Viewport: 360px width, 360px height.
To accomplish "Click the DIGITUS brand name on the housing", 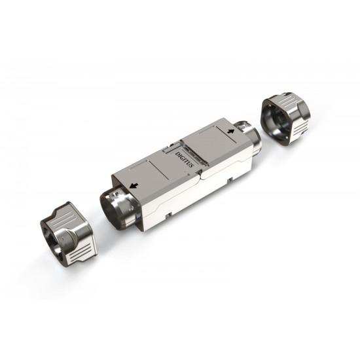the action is click(185, 159).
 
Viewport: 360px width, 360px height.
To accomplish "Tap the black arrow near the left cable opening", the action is click(134, 185).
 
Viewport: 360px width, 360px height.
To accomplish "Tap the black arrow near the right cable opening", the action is click(231, 132).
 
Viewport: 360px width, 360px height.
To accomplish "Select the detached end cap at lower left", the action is click(69, 234).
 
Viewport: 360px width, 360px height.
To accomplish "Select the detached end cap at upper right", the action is click(285, 118).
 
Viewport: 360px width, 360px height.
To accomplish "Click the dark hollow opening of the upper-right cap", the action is click(276, 123).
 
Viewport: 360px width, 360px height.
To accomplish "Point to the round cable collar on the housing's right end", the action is click(249, 137).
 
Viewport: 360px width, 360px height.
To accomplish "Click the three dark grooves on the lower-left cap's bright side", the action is click(81, 252).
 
